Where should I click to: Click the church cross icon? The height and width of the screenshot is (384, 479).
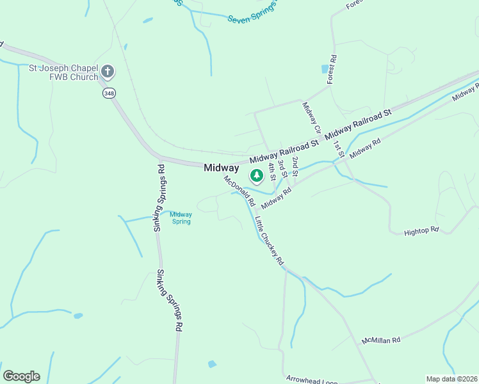(108, 70)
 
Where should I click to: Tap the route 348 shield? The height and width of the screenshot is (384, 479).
(109, 93)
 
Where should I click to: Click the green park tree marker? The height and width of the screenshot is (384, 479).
(257, 175)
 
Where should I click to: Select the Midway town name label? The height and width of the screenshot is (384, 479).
(221, 168)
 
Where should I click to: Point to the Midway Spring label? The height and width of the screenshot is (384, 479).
(181, 218)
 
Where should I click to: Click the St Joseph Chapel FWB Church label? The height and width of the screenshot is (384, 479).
(63, 72)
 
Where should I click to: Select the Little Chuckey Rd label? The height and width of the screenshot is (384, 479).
(269, 242)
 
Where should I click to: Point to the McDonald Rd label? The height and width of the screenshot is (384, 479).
(239, 190)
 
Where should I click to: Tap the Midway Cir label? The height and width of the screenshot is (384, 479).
(311, 117)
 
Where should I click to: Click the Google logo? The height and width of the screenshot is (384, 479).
(21, 376)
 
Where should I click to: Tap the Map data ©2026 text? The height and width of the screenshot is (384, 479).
(451, 379)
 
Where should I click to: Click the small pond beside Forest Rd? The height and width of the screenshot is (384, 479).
(324, 69)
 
